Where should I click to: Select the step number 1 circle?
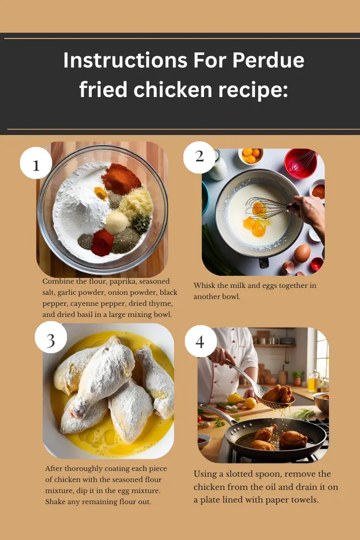36,165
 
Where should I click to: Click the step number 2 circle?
199,157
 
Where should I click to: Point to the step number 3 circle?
51,339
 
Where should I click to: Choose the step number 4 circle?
200,342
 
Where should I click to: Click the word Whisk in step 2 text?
204,286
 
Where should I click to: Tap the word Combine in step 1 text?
59,282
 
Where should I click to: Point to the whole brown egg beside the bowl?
301,253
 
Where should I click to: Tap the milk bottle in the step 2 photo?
217,167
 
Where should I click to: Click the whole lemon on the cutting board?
251,403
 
